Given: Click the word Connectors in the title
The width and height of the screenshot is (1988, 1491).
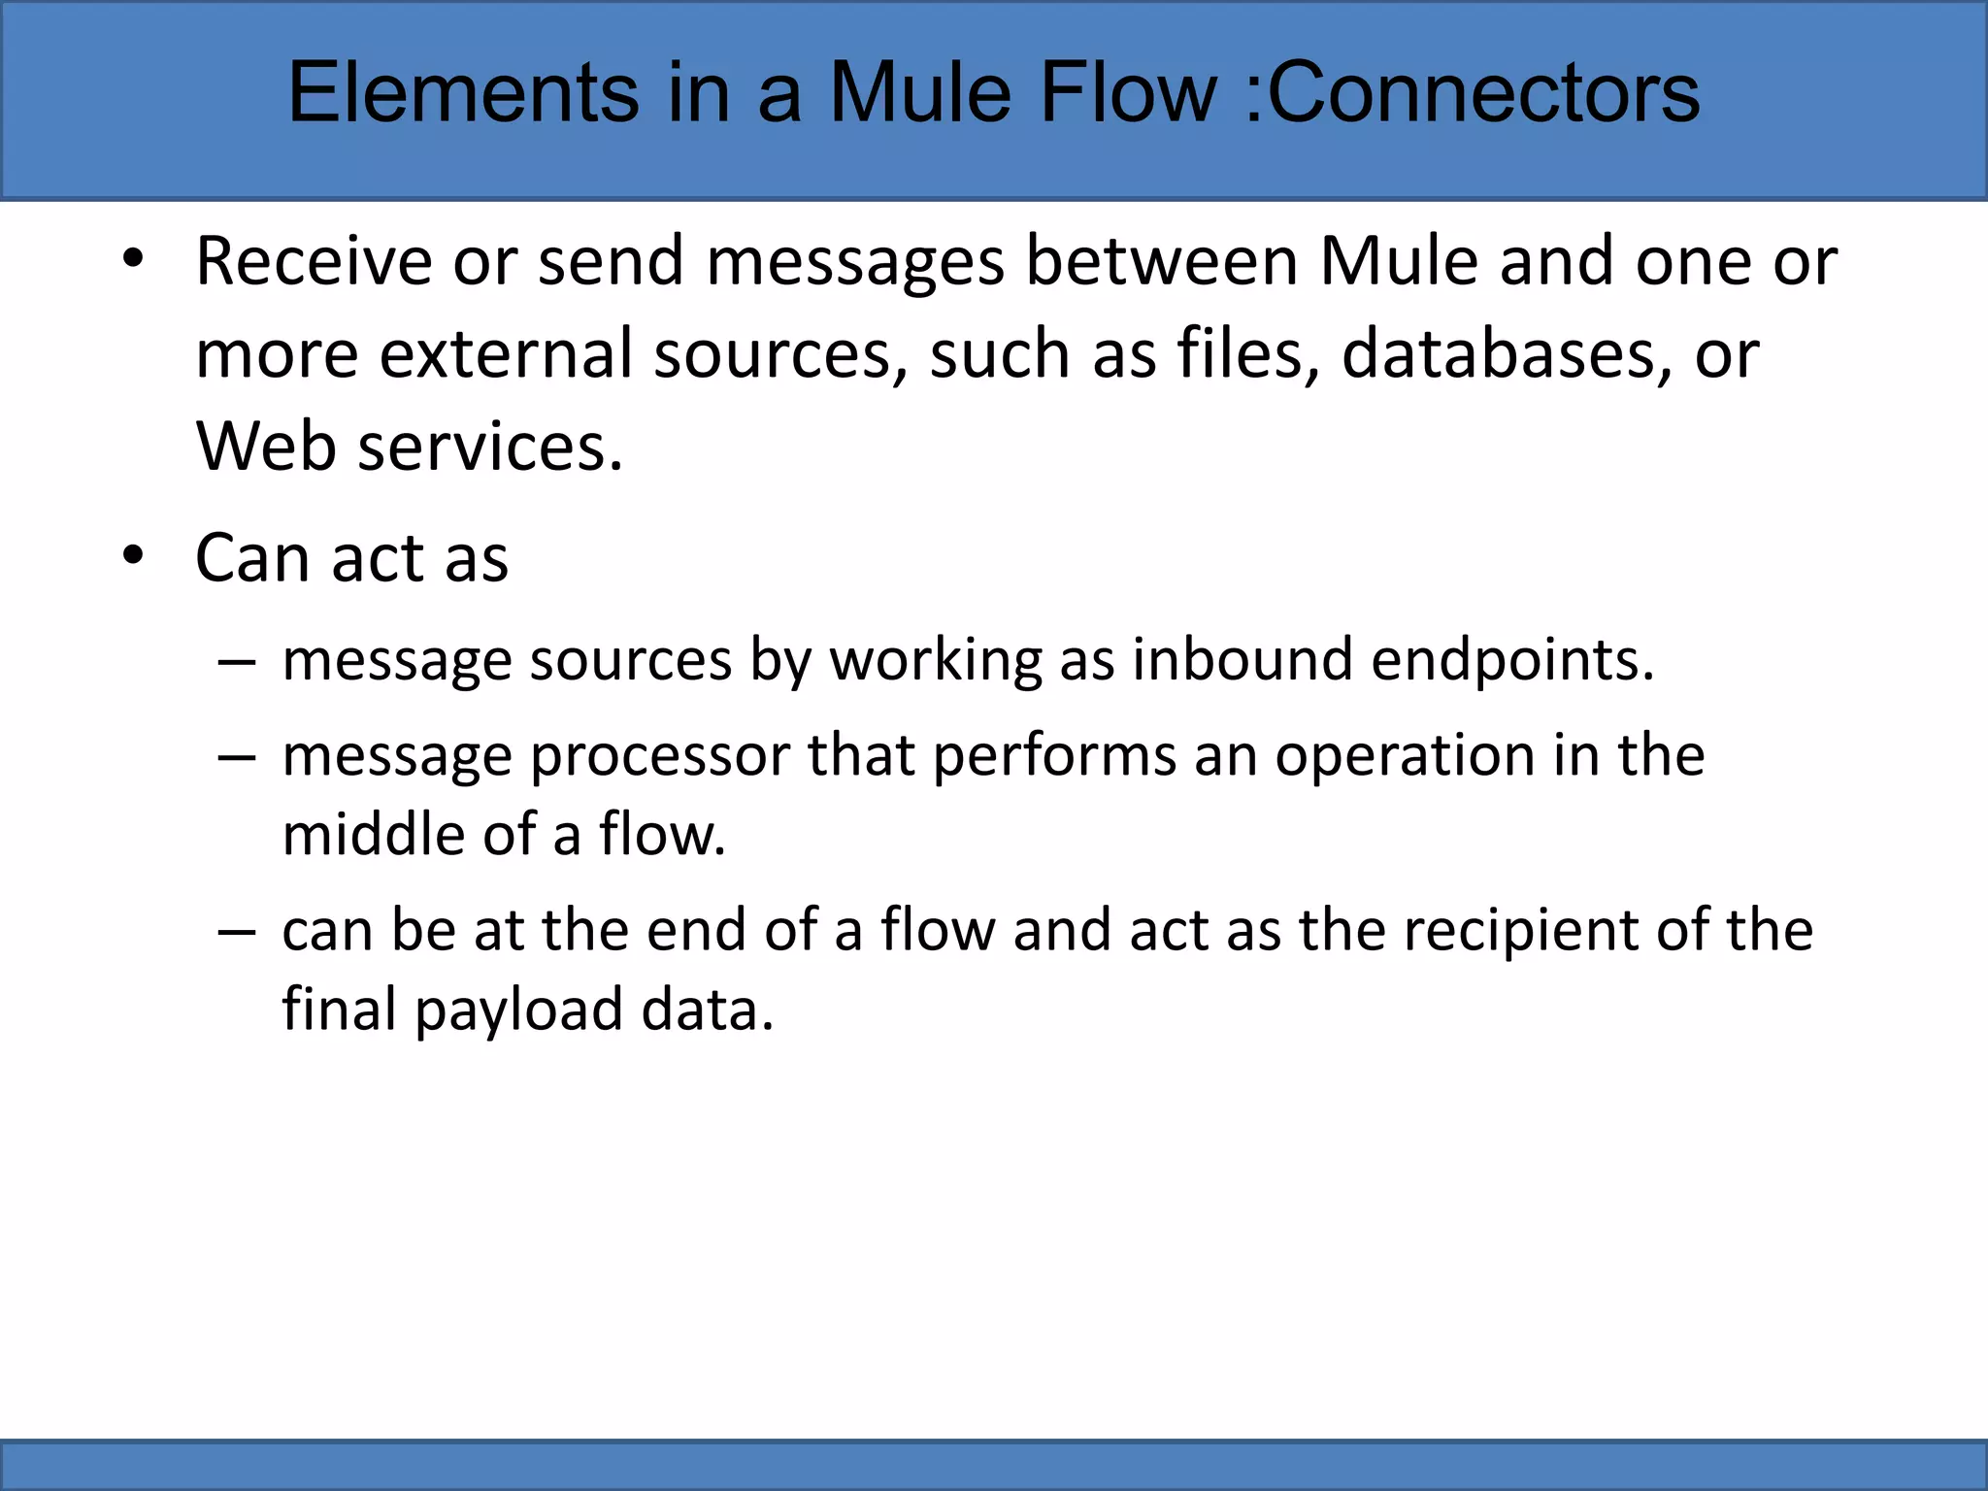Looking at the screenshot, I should [x=1483, y=93].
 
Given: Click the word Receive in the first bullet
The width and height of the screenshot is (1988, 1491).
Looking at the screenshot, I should [x=314, y=262].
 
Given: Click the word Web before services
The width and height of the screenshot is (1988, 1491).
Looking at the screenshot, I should [x=266, y=447].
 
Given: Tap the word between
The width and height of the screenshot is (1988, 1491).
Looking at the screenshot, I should [x=1162, y=262].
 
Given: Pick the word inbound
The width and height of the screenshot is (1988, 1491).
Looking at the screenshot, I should [x=1242, y=660].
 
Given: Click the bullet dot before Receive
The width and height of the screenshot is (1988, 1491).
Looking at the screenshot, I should [x=133, y=259].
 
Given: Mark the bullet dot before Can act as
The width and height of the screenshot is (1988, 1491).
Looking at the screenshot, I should [x=133, y=556].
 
